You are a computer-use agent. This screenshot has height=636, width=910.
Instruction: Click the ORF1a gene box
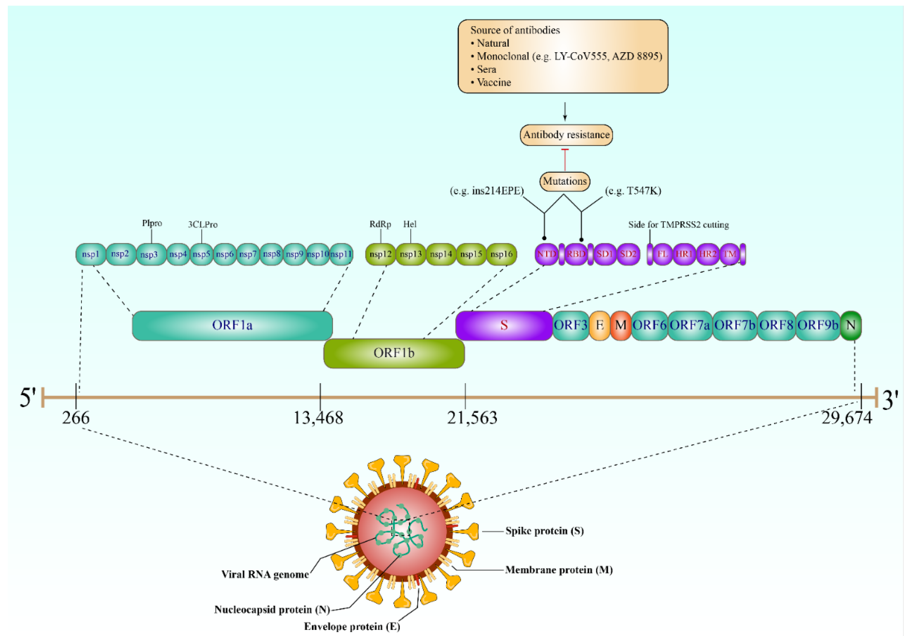(232, 326)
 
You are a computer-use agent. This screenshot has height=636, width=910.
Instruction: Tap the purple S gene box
(504, 326)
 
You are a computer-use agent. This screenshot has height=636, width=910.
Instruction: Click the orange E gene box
(600, 326)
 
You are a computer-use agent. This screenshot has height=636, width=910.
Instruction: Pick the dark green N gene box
(850, 326)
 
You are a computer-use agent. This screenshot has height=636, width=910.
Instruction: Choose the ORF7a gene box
(690, 326)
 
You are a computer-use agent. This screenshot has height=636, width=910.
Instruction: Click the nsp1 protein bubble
(91, 254)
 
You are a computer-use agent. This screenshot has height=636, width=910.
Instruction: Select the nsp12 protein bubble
(380, 254)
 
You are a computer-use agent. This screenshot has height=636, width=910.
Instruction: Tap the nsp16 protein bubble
(501, 254)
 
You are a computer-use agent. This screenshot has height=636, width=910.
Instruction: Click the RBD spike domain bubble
(576, 254)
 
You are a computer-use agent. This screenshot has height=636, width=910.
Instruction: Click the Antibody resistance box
(566, 135)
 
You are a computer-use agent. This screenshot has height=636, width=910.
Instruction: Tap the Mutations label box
(564, 181)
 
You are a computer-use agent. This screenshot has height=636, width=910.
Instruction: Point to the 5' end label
(28, 398)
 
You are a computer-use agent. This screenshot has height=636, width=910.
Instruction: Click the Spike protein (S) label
(544, 531)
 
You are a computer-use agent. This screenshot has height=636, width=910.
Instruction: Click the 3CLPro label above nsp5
(203, 225)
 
